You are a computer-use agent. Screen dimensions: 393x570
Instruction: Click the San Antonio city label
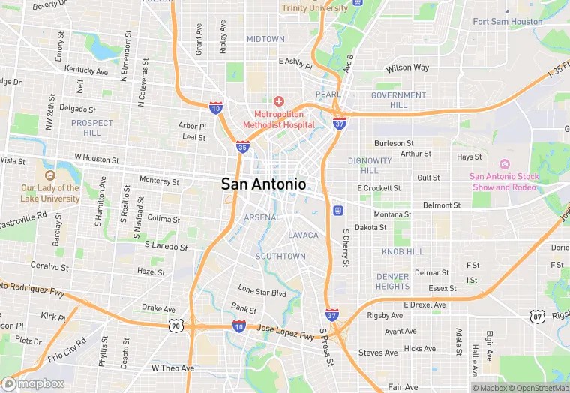coord(263,184)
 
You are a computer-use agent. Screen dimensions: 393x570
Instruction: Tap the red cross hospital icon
coord(278,101)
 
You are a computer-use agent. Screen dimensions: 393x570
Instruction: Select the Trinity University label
coord(314,8)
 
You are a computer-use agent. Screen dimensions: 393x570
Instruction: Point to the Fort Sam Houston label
coord(507,22)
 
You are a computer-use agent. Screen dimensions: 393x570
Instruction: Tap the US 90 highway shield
coord(175,325)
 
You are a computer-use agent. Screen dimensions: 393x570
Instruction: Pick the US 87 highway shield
coord(536,318)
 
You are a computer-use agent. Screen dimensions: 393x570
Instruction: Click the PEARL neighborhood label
coord(327,94)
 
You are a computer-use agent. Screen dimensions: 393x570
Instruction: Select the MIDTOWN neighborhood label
coord(265,39)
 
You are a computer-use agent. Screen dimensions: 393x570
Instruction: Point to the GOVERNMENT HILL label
coord(398,100)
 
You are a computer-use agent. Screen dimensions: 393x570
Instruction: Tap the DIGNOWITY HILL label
coord(370,165)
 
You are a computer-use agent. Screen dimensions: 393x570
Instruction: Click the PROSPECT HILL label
coord(92,127)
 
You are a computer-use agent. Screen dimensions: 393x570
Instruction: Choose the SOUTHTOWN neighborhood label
coord(280,256)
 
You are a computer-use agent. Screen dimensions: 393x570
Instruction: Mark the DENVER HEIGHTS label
coord(393,281)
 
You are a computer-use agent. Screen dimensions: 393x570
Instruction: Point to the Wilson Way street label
coord(407,68)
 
